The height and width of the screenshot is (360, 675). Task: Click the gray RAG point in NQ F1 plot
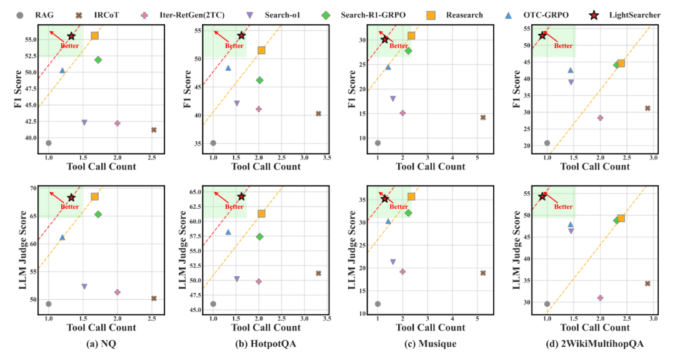pos(48,142)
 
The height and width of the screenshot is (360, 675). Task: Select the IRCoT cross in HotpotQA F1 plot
pos(318,113)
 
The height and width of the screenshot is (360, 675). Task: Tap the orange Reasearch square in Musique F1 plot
pos(411,36)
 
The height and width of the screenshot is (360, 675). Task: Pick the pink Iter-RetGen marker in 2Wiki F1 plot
pos(600,117)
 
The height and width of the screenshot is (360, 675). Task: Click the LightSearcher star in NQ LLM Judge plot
pos(71,197)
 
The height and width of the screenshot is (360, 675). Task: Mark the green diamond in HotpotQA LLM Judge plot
pos(259,236)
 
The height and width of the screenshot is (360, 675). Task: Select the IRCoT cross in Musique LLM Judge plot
pos(482,272)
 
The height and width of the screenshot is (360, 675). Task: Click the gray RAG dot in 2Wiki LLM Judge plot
pos(547,304)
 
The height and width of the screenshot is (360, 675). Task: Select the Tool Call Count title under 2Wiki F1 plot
pos(594,166)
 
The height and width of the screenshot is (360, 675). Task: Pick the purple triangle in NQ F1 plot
pos(84,122)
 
